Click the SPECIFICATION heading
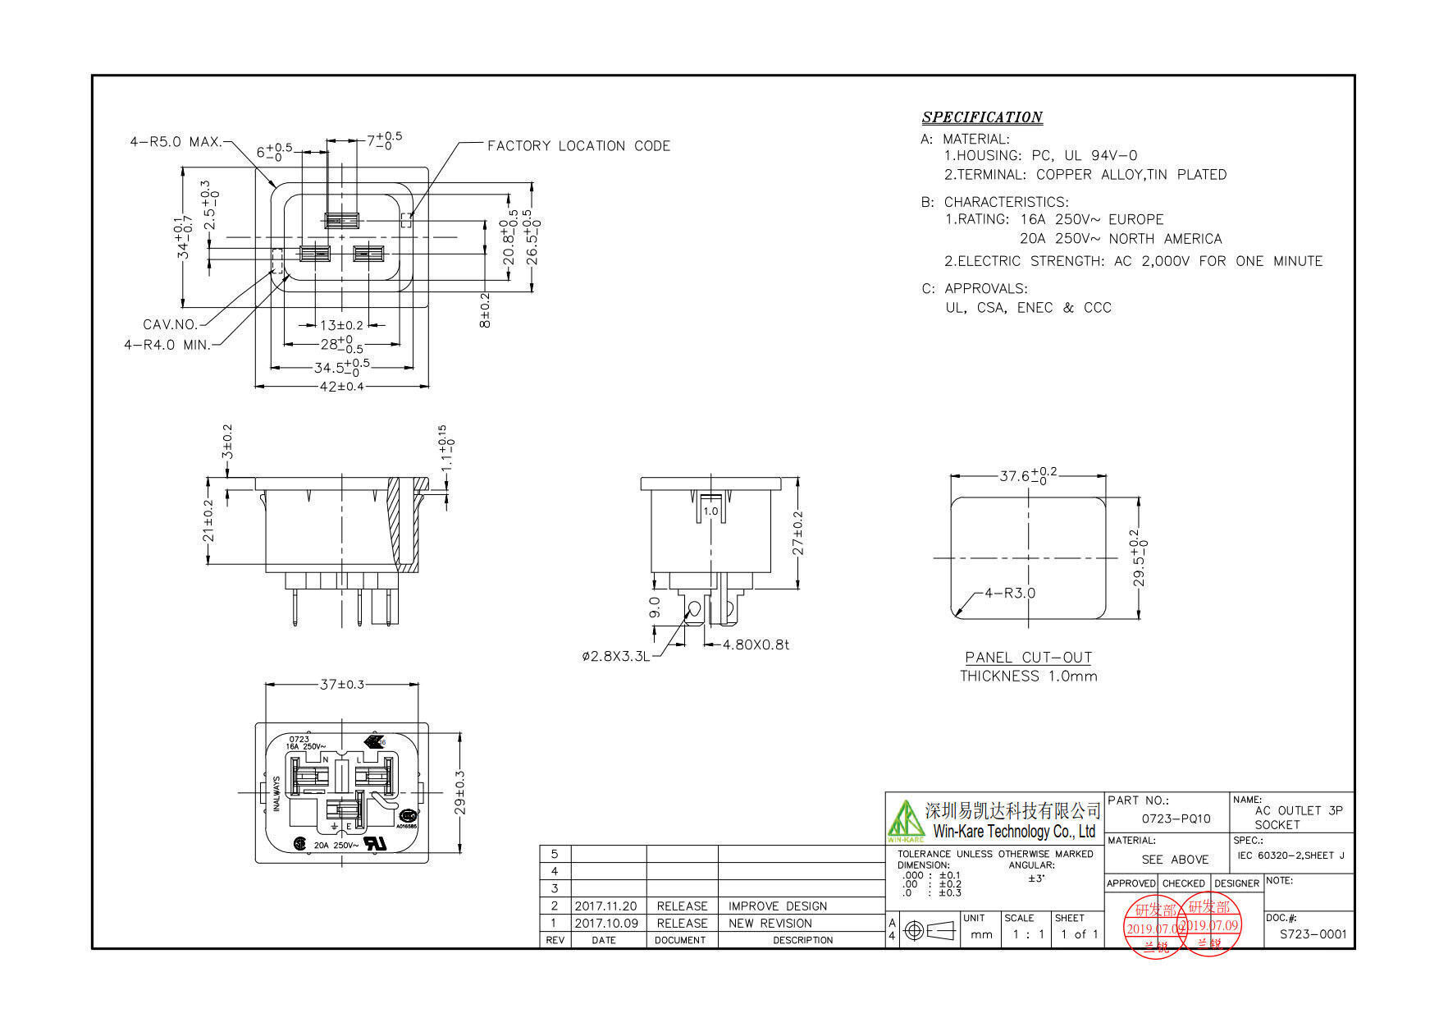tap(981, 117)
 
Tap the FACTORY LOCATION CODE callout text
tap(578, 146)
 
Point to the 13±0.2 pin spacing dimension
tap(340, 325)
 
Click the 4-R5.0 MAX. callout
tap(176, 142)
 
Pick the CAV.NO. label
tap(170, 324)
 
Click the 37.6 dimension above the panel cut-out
tap(1027, 475)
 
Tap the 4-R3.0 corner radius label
tap(1010, 593)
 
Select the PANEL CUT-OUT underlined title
tap(1028, 658)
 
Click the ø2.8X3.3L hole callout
tap(615, 656)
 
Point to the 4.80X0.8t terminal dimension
tap(755, 645)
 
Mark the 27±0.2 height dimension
tap(797, 534)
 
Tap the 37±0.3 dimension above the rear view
tap(341, 684)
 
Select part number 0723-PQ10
tap(1176, 819)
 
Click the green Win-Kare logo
tap(905, 820)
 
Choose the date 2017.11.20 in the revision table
tap(605, 906)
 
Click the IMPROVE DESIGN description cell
tap(777, 906)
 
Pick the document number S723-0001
tap(1313, 934)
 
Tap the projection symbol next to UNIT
tap(930, 931)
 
